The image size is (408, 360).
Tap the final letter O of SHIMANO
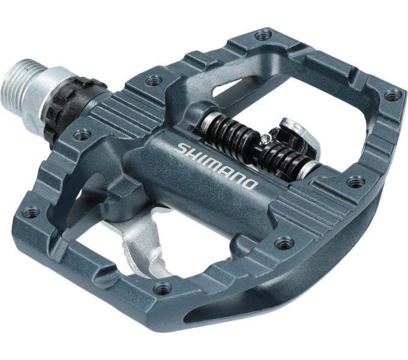click(x=250, y=183)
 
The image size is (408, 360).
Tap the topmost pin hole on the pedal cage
click(x=263, y=35)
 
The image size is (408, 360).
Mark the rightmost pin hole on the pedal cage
click(x=392, y=95)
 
